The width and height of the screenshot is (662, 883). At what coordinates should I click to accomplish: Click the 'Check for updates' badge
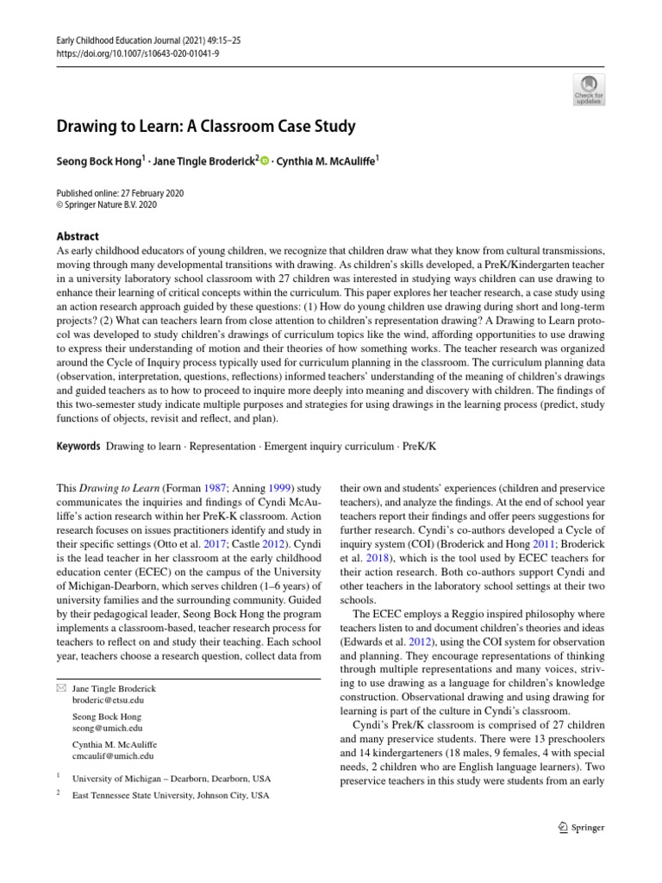[589, 90]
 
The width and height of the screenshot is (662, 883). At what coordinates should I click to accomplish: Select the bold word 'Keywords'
[77, 448]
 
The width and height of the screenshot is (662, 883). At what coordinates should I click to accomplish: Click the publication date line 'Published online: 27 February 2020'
[119, 193]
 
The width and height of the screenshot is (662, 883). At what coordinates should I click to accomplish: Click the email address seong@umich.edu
[108, 729]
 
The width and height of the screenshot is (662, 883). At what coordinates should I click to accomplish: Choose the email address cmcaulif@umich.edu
[114, 756]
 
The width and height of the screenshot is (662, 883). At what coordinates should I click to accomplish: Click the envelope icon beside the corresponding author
[60, 688]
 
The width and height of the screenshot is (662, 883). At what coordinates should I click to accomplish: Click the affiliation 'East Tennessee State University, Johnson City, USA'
[171, 796]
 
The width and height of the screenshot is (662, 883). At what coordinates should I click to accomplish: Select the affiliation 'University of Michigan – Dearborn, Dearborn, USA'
[172, 777]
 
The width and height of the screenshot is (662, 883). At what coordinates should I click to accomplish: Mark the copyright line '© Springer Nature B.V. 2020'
[106, 205]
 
